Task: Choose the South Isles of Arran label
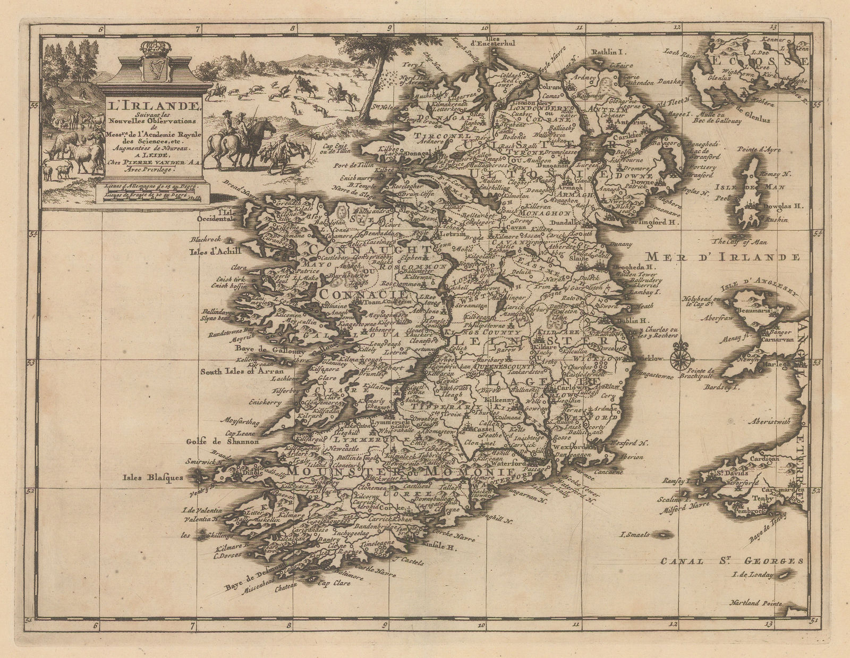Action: coord(242,372)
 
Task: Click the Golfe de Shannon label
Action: coord(223,442)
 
